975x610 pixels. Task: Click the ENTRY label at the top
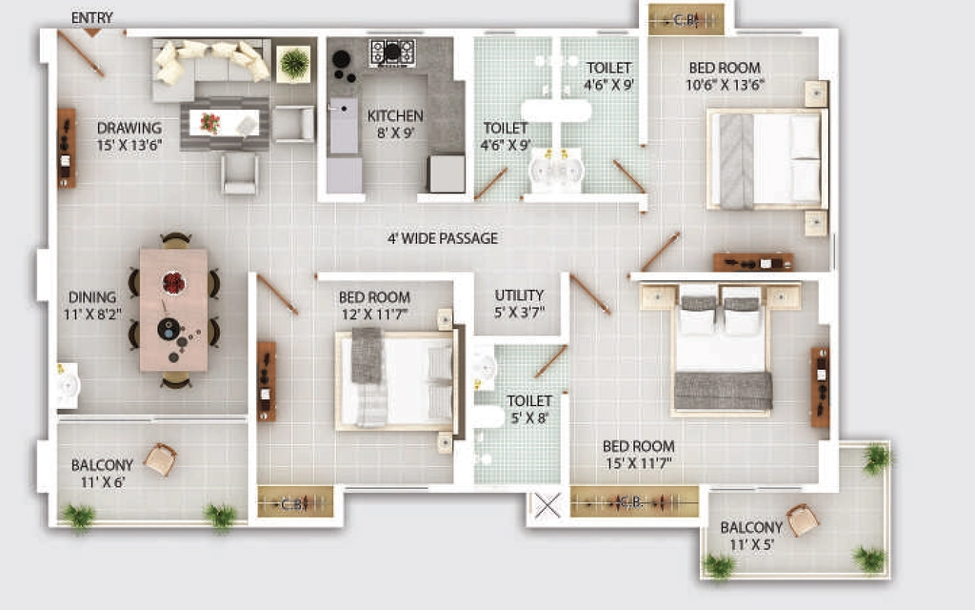click(x=92, y=18)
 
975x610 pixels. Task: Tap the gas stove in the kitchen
click(x=392, y=52)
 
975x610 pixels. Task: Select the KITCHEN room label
click(x=395, y=115)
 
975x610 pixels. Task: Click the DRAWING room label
click(x=129, y=128)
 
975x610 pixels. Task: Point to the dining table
click(x=173, y=310)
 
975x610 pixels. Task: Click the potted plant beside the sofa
click(x=293, y=63)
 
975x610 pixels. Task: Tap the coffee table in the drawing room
click(x=225, y=123)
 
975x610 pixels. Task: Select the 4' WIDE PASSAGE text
click(x=443, y=238)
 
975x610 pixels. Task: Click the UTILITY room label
click(x=519, y=295)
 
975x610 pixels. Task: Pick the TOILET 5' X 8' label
click(x=529, y=410)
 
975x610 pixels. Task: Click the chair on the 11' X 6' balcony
click(x=160, y=459)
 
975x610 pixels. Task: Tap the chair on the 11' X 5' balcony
click(x=803, y=519)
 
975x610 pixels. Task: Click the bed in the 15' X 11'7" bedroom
click(x=722, y=350)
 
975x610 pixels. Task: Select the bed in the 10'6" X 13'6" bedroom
click(x=767, y=160)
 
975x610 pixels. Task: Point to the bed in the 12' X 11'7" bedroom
click(x=397, y=380)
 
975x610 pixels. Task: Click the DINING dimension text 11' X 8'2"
click(x=92, y=315)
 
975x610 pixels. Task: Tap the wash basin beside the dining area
click(x=68, y=386)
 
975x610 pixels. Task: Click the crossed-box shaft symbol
click(x=547, y=505)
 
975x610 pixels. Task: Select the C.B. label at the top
click(x=686, y=21)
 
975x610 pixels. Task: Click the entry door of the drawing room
click(x=81, y=54)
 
